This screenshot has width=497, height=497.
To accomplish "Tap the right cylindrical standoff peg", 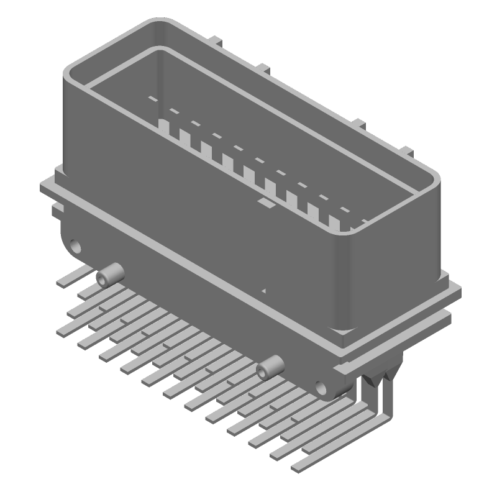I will tap(269, 368).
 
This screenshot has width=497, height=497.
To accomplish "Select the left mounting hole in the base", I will tap(76, 246).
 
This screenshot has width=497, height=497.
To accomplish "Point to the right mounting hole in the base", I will tap(321, 388).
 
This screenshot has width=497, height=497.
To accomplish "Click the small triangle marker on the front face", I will tap(265, 290).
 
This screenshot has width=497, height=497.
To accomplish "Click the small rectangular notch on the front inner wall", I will tap(265, 203).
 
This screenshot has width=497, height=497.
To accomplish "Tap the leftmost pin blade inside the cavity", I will tap(164, 127).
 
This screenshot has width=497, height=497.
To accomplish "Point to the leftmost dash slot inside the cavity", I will tap(151, 98).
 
